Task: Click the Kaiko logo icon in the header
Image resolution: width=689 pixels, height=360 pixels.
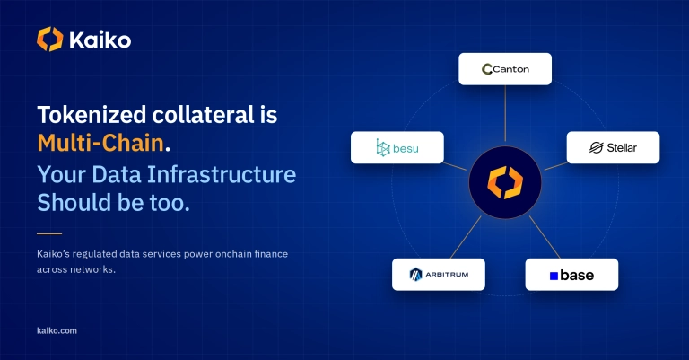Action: pos(49,40)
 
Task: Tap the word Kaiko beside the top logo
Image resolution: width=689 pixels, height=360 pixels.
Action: pos(100,40)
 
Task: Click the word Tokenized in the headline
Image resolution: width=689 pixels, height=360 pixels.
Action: pos(92,115)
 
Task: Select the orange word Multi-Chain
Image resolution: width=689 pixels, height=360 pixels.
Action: pos(100,144)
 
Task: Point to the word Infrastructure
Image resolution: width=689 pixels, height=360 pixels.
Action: pos(222,174)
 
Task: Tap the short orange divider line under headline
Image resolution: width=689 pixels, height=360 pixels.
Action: pos(49,233)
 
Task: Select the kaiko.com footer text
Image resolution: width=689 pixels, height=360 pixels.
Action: pos(57,330)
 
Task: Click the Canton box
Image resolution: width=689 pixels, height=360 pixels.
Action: pos(505,69)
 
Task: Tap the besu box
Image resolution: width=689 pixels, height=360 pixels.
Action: pos(397,148)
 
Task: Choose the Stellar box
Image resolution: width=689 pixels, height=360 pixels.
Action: pos(613,148)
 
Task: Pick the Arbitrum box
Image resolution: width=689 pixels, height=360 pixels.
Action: pos(439,275)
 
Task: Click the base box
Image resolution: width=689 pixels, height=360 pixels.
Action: pos(571,275)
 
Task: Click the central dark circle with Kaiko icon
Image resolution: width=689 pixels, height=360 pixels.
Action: pos(505,182)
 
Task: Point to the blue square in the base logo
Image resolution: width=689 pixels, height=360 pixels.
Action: pos(554,276)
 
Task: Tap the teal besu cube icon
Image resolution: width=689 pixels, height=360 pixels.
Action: pos(383,148)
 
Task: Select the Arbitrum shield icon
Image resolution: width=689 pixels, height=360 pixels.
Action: pos(415,275)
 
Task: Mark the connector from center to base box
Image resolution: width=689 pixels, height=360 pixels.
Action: pos(545,237)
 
